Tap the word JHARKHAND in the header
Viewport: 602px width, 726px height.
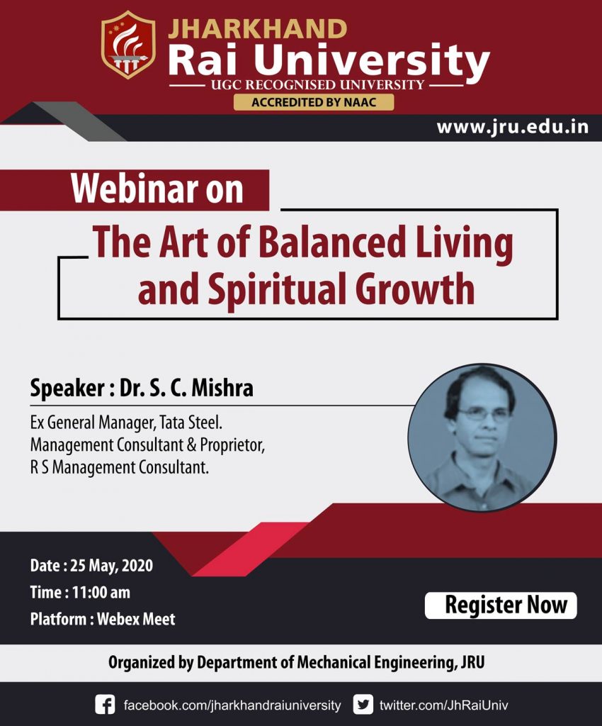tap(258, 29)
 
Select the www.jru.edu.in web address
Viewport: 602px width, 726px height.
tap(512, 128)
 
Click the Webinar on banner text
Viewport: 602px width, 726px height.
tap(157, 190)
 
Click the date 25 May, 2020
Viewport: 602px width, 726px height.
tap(111, 566)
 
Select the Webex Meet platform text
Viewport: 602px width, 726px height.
tap(136, 618)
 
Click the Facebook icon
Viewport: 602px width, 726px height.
tap(105, 705)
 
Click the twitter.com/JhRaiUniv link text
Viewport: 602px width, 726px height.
tap(443, 705)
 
